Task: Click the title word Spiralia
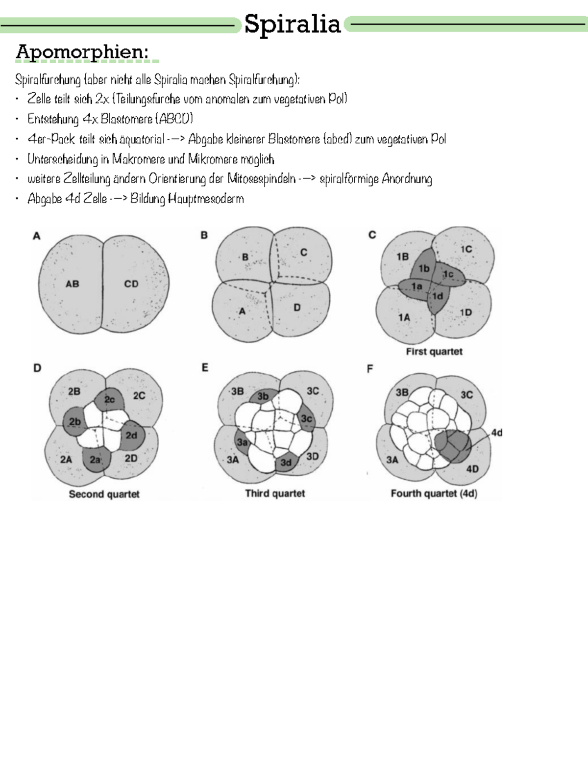293,24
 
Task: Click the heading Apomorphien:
82,52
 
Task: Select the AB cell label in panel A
73,283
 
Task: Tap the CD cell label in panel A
131,283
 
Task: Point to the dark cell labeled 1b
423,268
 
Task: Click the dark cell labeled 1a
416,286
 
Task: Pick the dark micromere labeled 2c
109,400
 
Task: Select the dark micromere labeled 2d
131,435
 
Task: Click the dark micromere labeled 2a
95,460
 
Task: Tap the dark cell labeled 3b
263,396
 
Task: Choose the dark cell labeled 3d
286,463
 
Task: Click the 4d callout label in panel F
496,433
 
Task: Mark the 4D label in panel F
472,469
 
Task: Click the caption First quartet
434,352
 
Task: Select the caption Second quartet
104,494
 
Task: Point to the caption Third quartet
275,493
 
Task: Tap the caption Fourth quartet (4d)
434,493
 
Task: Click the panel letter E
205,367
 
